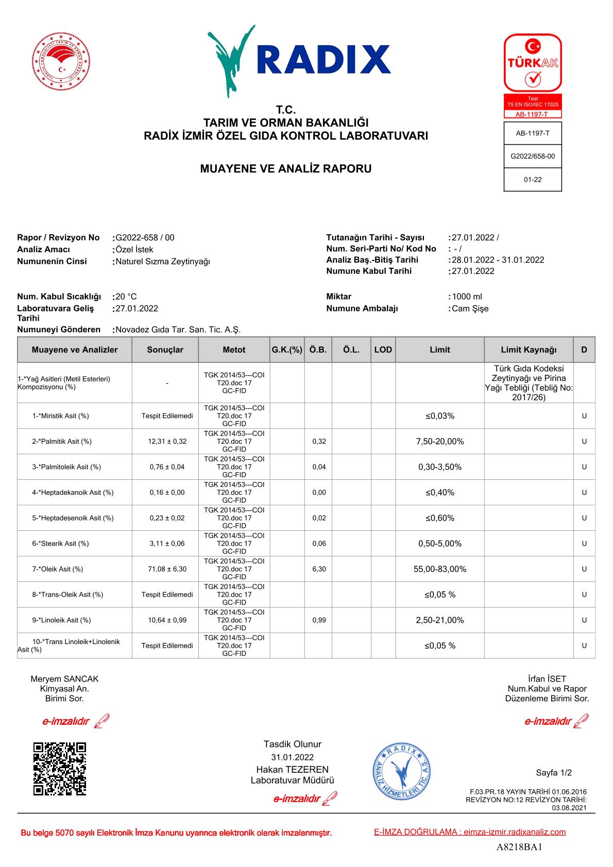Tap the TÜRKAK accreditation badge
point(532,75)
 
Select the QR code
point(59,769)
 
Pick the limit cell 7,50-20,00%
point(439,441)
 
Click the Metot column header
point(234,350)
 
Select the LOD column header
point(383,350)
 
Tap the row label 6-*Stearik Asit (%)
point(60,543)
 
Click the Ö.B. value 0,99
point(319,620)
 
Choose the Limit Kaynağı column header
point(529,350)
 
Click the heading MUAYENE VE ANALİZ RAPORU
point(285,169)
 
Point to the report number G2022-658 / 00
point(145,237)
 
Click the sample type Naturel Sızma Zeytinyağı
point(163,261)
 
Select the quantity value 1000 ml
point(467,297)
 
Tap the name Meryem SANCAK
point(64,679)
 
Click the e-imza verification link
point(469,831)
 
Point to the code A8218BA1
point(519,847)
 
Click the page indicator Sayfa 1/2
point(553,772)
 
